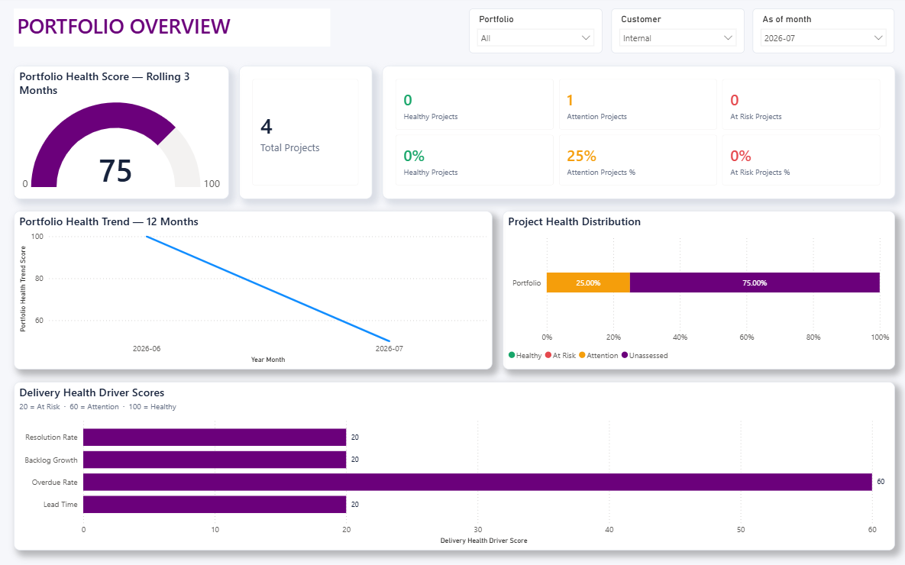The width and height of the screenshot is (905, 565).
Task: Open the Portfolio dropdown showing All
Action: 535,38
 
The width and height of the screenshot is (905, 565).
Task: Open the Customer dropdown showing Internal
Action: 677,38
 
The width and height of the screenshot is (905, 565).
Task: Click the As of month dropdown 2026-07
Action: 823,38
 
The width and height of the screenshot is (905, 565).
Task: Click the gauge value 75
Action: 115,171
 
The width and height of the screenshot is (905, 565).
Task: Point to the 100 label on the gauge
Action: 212,183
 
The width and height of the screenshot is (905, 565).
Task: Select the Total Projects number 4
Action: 266,127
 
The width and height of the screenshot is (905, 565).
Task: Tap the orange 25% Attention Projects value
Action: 581,156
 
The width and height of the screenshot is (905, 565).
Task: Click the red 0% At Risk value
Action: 741,156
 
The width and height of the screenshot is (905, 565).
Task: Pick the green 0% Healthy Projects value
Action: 414,156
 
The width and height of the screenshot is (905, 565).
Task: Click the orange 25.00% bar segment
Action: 588,282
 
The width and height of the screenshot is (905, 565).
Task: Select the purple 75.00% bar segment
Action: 755,282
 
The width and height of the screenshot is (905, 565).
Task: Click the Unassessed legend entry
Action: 645,356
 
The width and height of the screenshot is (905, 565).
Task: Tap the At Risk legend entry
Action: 561,356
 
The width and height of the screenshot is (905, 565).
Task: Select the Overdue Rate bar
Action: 477,482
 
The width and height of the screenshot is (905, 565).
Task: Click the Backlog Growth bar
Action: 215,460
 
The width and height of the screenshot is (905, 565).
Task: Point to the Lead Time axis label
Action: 60,505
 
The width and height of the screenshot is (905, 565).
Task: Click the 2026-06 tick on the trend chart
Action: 147,349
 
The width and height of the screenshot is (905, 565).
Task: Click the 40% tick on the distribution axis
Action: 680,337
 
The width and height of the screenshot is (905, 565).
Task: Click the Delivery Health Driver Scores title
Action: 92,392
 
